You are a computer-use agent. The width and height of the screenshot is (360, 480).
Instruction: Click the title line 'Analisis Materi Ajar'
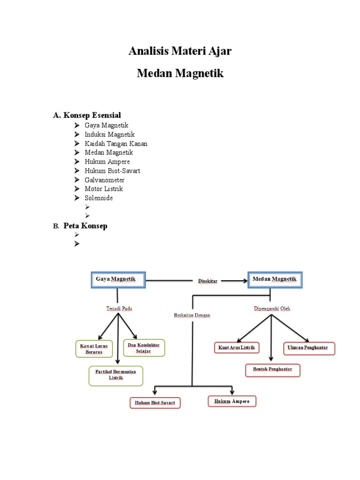point(180,51)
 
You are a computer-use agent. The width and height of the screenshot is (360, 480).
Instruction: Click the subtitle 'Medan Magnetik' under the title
point(180,74)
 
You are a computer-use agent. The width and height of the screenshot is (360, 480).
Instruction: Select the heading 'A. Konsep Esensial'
point(87,115)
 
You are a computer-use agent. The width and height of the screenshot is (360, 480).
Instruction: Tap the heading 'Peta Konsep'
point(85,225)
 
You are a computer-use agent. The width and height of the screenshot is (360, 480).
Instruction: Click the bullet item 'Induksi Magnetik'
point(110,135)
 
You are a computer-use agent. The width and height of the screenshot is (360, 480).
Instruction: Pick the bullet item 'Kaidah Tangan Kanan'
point(116,143)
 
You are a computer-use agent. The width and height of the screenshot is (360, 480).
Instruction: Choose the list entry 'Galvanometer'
point(105,180)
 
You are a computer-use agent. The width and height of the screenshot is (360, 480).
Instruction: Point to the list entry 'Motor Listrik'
point(103,189)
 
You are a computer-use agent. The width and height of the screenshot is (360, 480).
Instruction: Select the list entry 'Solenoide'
point(98,198)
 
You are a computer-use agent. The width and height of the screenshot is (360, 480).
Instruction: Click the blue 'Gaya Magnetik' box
point(117,280)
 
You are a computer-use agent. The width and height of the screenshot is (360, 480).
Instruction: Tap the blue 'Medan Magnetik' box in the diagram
point(275,280)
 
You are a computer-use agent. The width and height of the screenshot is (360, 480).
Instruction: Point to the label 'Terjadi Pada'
point(119,308)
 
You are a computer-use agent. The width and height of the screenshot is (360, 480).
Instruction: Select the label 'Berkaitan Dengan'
point(192,315)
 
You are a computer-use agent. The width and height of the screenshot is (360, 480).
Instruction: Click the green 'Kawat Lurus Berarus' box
point(94,349)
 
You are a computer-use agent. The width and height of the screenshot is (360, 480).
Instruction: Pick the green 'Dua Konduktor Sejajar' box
point(143,348)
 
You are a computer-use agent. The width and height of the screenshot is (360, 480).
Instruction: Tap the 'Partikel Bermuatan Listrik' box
point(116,375)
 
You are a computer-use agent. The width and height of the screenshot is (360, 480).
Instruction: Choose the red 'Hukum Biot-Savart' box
point(155,403)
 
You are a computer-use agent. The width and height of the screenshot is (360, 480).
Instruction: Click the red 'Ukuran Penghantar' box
point(309,348)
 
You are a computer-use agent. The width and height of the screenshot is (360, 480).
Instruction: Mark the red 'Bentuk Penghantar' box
point(272,370)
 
